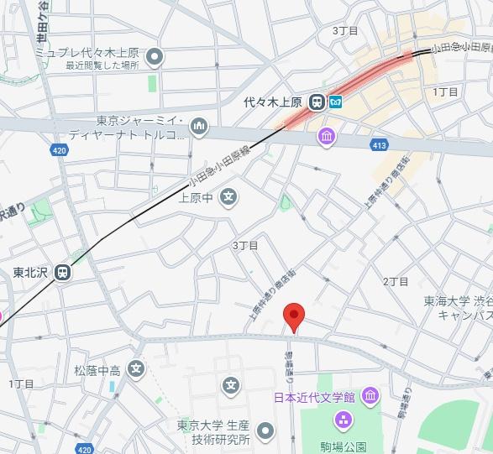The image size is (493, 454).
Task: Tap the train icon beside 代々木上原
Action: click(317, 103)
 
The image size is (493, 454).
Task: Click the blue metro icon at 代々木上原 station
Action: click(336, 103)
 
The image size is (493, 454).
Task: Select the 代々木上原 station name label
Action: click(273, 103)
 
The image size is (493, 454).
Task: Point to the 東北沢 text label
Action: click(30, 273)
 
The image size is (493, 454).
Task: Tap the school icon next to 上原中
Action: click(229, 198)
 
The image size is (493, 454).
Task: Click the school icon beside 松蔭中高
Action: click(137, 368)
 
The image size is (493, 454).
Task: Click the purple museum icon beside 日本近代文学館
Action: click(370, 395)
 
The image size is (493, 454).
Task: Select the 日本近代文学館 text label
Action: click(314, 396)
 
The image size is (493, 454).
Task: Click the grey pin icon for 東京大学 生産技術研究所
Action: click(265, 431)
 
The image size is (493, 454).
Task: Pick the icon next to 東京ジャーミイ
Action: click(199, 128)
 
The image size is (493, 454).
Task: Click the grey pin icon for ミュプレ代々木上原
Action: click(154, 57)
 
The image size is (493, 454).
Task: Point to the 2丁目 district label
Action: click(395, 281)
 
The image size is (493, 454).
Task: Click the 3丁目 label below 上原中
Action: click(245, 245)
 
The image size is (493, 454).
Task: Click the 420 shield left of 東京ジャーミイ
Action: click(58, 150)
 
